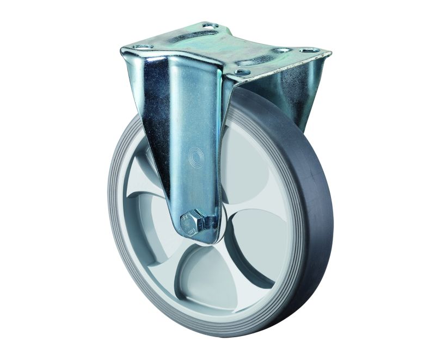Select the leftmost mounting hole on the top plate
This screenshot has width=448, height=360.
click(139, 48)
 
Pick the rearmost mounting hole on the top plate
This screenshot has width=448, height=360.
click(209, 26)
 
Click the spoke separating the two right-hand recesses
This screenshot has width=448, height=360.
click(250, 207)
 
